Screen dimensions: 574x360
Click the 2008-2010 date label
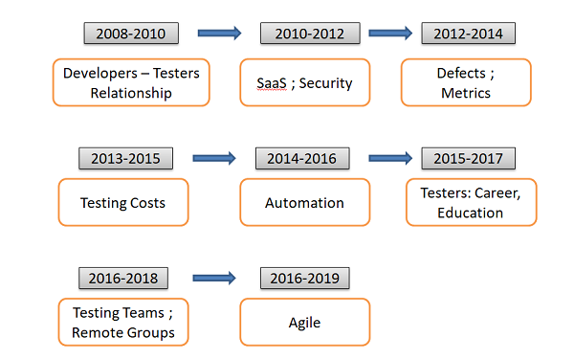[x=131, y=34]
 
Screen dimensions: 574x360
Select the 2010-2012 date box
[x=310, y=34]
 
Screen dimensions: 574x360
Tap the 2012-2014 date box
[x=468, y=34]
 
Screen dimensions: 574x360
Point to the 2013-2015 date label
[x=125, y=159]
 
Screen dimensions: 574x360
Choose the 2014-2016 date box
[x=302, y=159]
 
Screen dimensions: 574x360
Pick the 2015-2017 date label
[x=468, y=159]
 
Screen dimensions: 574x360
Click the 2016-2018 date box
[x=123, y=279]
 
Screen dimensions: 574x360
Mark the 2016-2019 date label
[x=305, y=279]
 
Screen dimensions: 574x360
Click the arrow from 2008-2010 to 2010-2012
[x=219, y=34]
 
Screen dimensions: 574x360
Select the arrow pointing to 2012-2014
[x=390, y=34]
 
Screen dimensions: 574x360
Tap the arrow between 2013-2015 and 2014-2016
[x=214, y=158]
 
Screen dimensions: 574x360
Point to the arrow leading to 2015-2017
[x=390, y=158]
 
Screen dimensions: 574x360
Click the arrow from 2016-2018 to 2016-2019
[x=214, y=278]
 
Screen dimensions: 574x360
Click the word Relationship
[x=131, y=94]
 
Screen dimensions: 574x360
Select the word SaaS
[x=272, y=83]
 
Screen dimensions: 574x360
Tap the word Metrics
[x=466, y=93]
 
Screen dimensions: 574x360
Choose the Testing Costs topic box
[x=123, y=202]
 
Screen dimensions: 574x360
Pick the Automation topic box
[x=305, y=202]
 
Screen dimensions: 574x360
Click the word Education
[x=470, y=213]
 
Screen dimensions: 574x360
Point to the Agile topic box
[x=305, y=322]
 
